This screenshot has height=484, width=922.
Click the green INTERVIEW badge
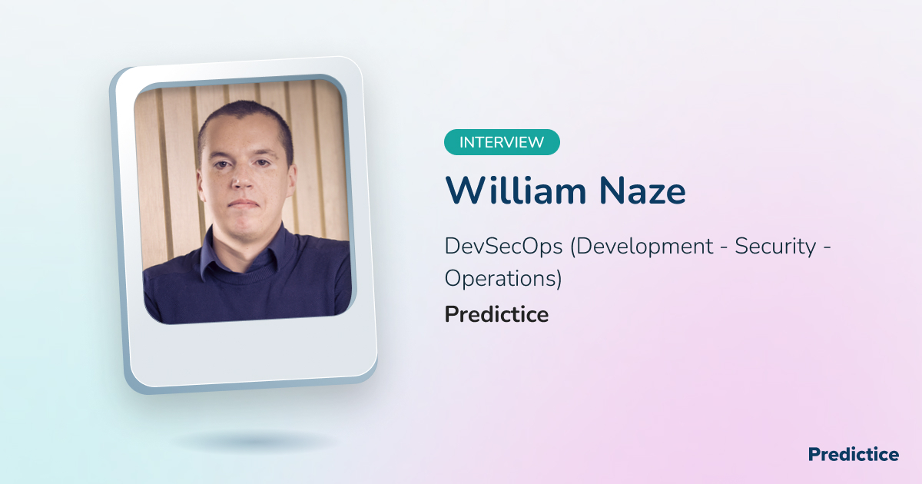pyautogui.click(x=502, y=142)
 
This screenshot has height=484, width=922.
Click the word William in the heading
pyautogui.click(x=516, y=191)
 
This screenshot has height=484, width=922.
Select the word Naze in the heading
pyautogui.click(x=642, y=191)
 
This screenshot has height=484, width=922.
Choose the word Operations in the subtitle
pyautogui.click(x=500, y=279)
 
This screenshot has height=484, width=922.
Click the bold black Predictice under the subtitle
pyautogui.click(x=496, y=314)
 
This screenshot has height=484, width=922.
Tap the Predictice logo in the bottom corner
pyautogui.click(x=854, y=454)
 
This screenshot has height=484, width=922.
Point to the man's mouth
pyautogui.click(x=244, y=204)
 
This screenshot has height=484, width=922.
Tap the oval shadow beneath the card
pyautogui.click(x=256, y=442)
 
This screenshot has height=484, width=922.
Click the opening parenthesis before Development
pyautogui.click(x=573, y=247)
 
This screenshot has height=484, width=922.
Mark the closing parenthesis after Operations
pyautogui.click(x=559, y=280)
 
